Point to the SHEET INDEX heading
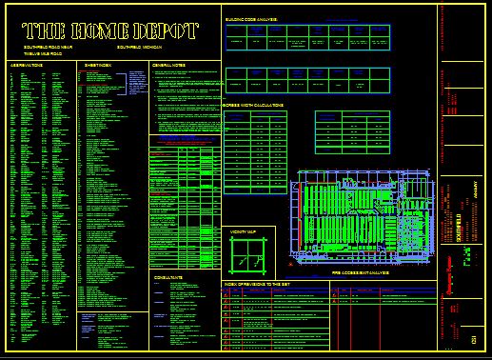(98, 65)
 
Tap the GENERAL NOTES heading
(168, 65)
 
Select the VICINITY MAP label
(243, 230)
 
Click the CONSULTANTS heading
(168, 277)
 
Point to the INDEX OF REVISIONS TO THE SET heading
(262, 284)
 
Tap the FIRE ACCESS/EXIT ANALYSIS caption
(361, 272)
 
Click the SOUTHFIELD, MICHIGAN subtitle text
(139, 46)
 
